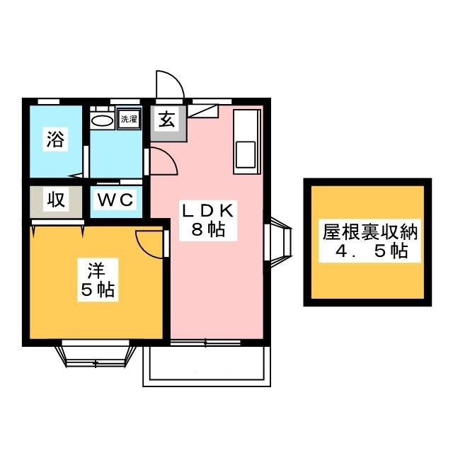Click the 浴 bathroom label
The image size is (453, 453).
click(55, 139)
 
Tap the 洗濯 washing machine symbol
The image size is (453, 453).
click(128, 119)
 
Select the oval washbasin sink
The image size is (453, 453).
click(103, 120)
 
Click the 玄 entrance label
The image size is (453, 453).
click(167, 120)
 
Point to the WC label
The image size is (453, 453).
click(115, 200)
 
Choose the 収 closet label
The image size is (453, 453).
click(56, 200)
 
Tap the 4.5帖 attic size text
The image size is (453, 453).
click(367, 251)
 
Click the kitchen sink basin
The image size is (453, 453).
click(246, 154)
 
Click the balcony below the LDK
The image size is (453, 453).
click(207, 367)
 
